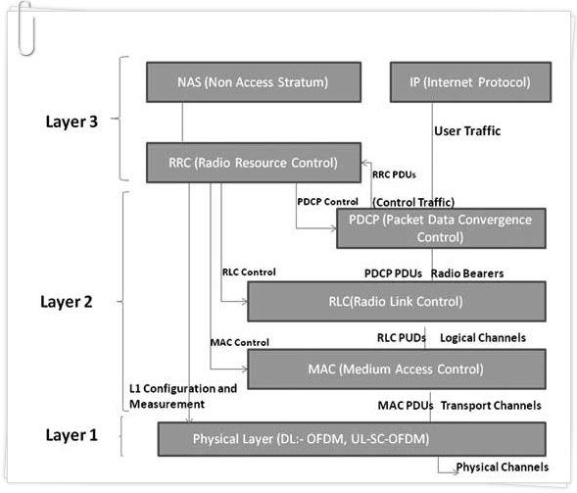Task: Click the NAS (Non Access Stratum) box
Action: (254, 82)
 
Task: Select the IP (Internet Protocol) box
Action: (470, 82)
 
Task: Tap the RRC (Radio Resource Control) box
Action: (254, 163)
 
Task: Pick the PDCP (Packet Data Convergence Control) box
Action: (441, 228)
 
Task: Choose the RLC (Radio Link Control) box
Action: (397, 302)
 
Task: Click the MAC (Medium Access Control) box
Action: (397, 370)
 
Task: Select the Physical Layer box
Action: (352, 439)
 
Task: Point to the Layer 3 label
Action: (72, 122)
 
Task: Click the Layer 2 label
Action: (67, 302)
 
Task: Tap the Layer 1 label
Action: (72, 435)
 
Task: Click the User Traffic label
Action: (467, 131)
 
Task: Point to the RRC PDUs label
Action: (394, 174)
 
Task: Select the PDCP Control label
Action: (327, 202)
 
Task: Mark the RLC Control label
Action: (249, 272)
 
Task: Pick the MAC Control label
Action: (240, 342)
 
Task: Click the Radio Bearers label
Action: (467, 273)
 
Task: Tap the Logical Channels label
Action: (483, 337)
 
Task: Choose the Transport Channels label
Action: (491, 406)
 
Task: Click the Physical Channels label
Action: (503, 467)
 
